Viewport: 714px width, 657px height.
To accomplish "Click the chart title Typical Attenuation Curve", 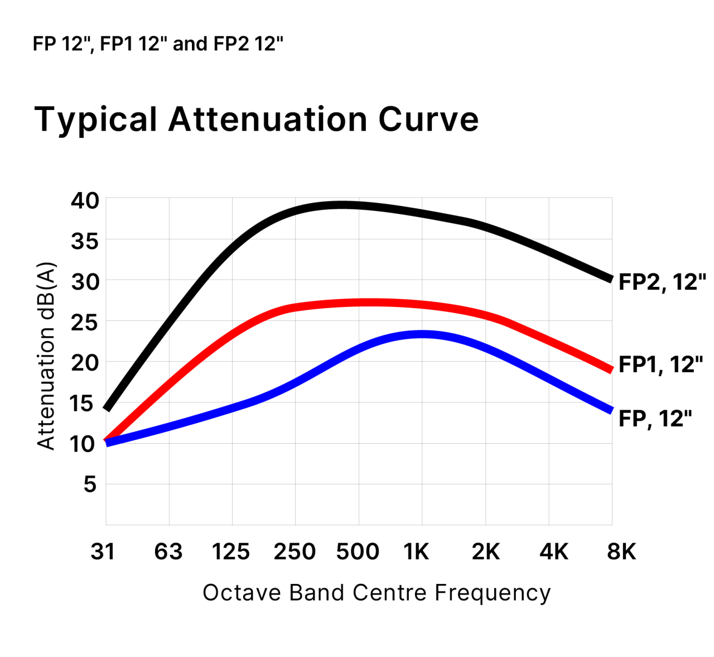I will pos(257,119).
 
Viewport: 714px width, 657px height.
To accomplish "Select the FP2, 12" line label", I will pos(662,282).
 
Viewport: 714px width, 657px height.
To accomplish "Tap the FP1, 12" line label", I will pos(661,365).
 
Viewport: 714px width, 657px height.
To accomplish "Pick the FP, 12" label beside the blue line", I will pos(655,419).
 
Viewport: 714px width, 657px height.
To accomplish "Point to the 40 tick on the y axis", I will pos(85,200).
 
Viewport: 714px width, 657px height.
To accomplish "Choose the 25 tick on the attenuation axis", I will pos(85,323).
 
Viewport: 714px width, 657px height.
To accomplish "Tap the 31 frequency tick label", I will pos(103,552).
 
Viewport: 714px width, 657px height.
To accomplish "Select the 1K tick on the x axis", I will pos(416,552).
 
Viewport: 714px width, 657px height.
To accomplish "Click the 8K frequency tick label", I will pos(621,552).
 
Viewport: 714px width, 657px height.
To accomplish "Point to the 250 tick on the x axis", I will pos(295,552).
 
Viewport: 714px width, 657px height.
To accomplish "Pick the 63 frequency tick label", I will pos(168,552).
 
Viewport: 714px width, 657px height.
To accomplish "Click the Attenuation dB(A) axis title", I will pos(46,356).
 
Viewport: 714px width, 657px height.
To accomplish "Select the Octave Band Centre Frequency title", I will pos(377,593).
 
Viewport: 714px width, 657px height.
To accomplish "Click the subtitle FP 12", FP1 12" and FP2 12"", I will pos(158,44).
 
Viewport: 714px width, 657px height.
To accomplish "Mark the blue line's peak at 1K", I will pos(422,334).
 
